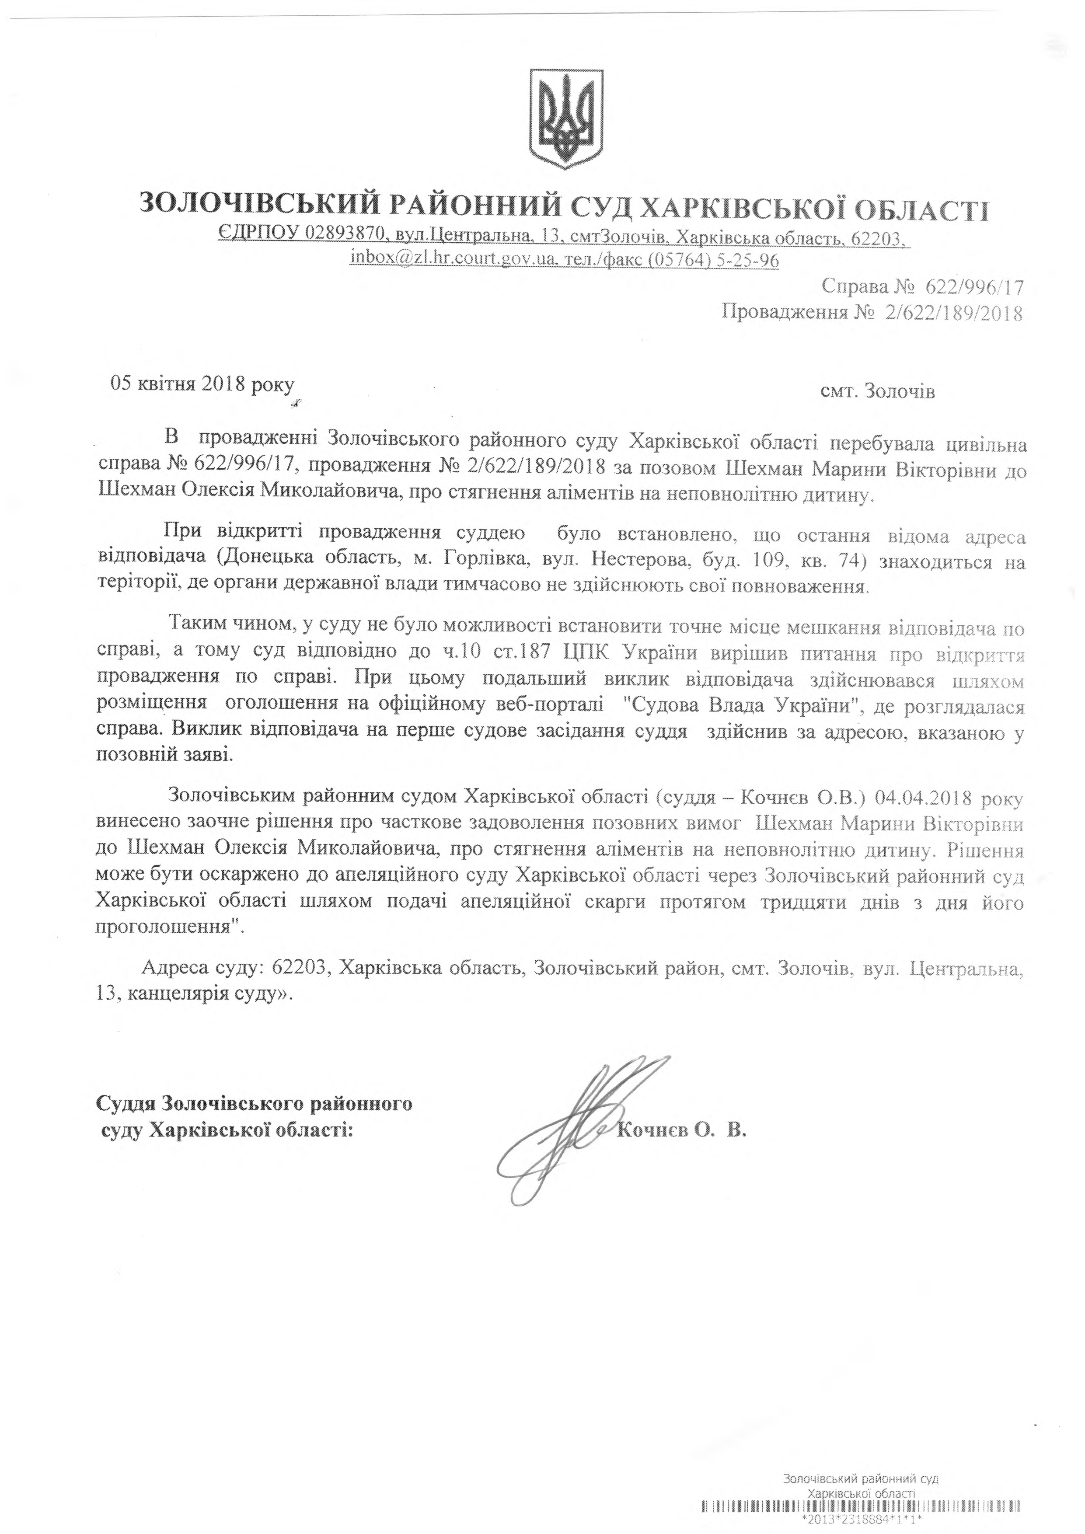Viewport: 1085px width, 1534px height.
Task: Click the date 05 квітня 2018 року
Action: (202, 386)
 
